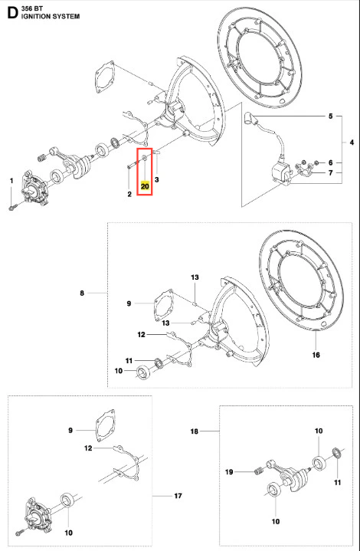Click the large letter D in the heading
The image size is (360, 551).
click(12, 13)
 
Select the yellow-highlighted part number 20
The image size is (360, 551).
click(145, 186)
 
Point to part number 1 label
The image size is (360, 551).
click(11, 181)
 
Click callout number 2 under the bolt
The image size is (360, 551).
click(129, 194)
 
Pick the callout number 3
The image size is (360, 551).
click(157, 179)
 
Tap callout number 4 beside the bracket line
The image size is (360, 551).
click(352, 143)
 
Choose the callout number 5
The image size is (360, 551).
click(330, 116)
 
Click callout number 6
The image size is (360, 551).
click(330, 162)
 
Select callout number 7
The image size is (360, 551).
click(330, 173)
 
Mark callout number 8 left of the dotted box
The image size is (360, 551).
click(82, 293)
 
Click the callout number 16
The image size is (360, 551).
click(316, 355)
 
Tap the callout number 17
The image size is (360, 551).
click(178, 496)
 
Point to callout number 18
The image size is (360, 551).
click(195, 431)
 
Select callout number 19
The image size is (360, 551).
click(229, 472)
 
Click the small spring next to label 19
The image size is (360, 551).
click(258, 470)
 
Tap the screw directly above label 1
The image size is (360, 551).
click(11, 208)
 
